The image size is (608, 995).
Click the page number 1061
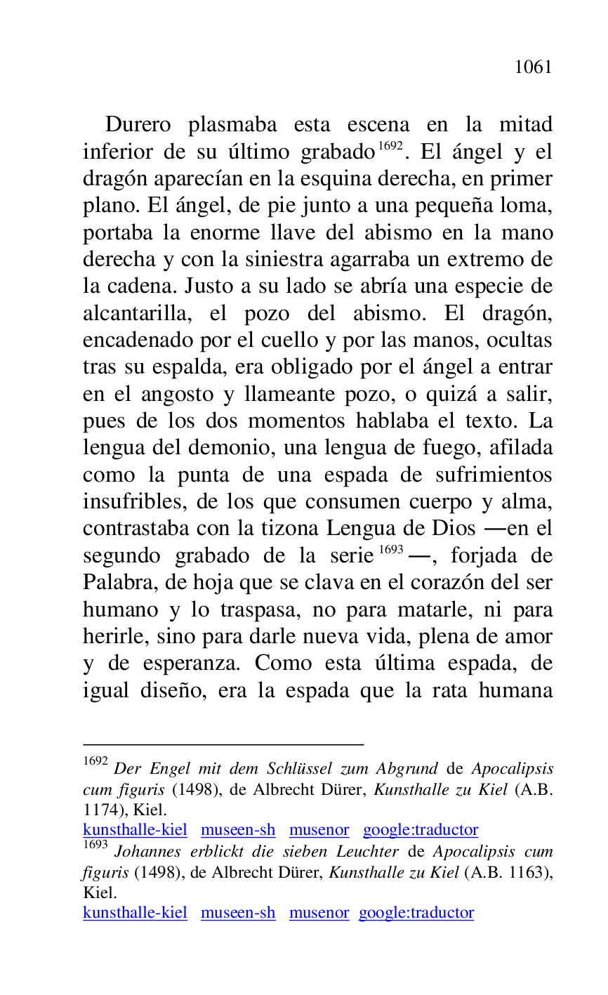533,67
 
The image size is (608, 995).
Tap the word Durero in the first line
138,125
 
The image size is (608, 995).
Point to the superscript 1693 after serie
390,550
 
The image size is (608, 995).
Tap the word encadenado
141,341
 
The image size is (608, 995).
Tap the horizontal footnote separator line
223,743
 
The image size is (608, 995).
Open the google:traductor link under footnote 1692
420,830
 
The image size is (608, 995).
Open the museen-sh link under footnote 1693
238,913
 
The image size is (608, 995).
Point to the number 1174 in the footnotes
102,810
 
